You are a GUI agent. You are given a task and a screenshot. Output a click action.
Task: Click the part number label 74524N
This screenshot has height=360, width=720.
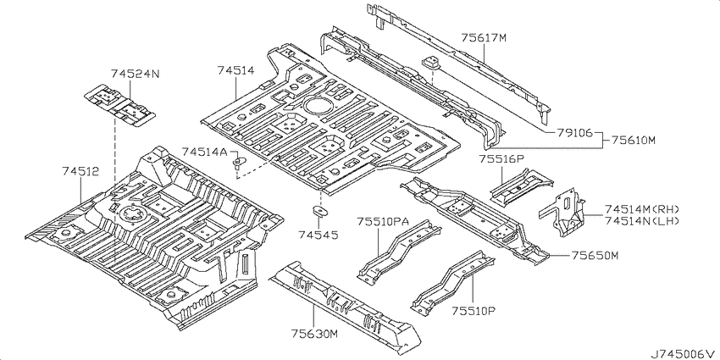(x=135, y=74)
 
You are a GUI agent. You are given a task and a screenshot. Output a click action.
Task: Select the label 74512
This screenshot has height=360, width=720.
(x=80, y=171)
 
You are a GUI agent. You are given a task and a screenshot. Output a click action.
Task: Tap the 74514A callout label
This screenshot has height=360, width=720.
(x=205, y=152)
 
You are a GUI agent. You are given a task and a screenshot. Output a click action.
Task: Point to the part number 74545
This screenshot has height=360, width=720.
(x=318, y=235)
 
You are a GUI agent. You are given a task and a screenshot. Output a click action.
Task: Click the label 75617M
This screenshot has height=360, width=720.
(x=484, y=38)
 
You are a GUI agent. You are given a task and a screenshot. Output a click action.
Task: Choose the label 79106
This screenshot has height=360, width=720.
(x=574, y=133)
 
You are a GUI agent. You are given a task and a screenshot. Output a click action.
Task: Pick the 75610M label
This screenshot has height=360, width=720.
(x=634, y=141)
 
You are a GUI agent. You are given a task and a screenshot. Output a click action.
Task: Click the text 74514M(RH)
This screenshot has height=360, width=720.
(x=641, y=209)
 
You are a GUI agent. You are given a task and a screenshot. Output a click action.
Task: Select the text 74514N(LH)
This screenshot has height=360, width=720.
(x=641, y=221)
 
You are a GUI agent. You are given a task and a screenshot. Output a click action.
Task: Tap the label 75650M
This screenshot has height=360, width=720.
(x=595, y=255)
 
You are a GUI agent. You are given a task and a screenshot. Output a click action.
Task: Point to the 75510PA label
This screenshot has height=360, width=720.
(x=384, y=222)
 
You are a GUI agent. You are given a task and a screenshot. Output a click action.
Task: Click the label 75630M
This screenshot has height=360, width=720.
(x=314, y=334)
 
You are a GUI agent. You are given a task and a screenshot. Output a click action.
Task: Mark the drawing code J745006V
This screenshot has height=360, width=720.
(x=684, y=354)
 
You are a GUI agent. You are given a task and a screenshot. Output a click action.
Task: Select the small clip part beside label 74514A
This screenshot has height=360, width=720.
(x=239, y=163)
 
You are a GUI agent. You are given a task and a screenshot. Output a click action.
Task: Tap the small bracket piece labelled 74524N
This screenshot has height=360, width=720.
(x=119, y=104)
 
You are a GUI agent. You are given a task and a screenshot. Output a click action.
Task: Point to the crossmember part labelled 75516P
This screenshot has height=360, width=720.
(x=522, y=186)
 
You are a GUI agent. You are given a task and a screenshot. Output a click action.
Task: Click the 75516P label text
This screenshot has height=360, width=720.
(x=501, y=158)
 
